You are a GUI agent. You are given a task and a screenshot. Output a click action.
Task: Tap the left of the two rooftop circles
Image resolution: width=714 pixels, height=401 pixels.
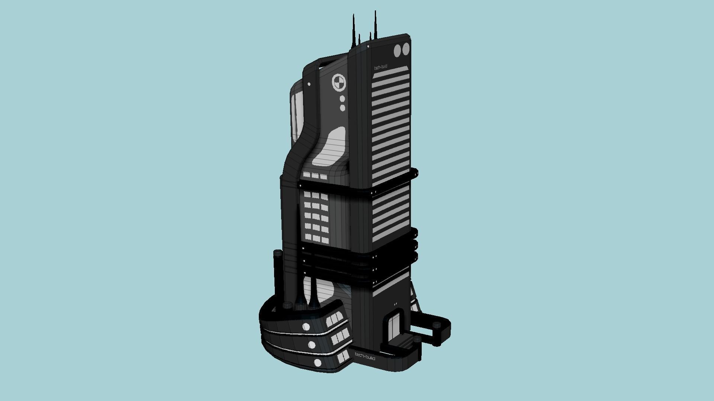[x=398, y=50]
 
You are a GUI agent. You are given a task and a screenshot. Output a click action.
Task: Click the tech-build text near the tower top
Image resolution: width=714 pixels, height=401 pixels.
[x=380, y=67]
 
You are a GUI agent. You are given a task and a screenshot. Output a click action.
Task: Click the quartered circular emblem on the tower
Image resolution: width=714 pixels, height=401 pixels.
[x=338, y=83]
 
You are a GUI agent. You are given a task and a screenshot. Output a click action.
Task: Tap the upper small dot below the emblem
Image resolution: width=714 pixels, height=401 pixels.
[x=342, y=99]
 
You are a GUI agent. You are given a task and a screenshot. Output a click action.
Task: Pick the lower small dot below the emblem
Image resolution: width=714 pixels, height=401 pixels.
[x=342, y=108]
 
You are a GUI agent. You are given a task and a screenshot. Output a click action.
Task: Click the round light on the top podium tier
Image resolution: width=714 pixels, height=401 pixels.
[x=306, y=327]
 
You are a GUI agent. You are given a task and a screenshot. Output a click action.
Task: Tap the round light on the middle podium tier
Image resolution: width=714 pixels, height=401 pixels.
[x=312, y=345]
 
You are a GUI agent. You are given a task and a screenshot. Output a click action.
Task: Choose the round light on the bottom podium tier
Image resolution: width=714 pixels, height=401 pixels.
[x=318, y=362]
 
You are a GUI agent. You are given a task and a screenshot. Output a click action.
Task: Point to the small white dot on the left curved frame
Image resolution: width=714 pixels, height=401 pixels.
[x=309, y=84]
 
